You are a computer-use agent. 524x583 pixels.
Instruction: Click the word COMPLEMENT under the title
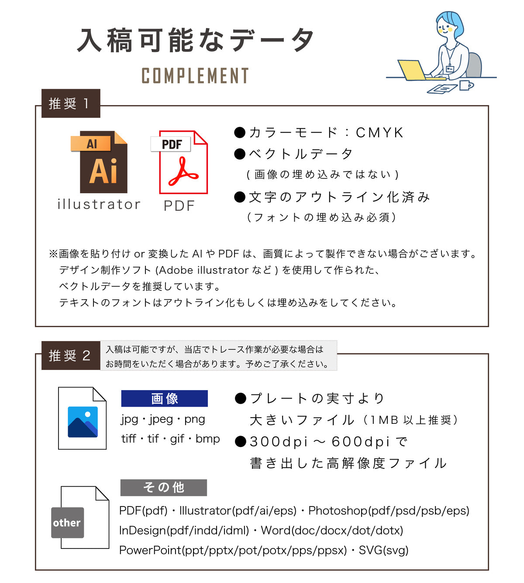point(195,76)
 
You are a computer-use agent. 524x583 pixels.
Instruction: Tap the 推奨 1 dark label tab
point(71,104)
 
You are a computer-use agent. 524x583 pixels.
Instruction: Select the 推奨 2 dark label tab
point(71,356)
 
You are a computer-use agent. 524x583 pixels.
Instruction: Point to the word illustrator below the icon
point(99,204)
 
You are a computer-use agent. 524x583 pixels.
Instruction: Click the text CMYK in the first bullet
point(379,133)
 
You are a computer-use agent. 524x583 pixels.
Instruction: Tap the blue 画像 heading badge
point(164,398)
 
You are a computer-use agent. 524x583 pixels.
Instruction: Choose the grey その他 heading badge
point(163,487)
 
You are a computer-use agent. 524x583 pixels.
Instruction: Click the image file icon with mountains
point(83,419)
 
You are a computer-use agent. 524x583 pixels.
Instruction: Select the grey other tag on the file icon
point(67,523)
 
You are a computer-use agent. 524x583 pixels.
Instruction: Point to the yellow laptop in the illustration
point(411,70)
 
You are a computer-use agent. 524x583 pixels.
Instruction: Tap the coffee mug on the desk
point(466,85)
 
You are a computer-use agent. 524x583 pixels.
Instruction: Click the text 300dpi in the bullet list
point(279,442)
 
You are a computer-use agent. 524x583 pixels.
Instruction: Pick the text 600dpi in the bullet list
point(360,442)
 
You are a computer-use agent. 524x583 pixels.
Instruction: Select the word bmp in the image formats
point(207,439)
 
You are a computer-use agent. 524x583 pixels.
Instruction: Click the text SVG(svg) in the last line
point(383,550)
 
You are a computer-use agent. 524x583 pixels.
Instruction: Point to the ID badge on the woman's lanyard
point(449,69)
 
